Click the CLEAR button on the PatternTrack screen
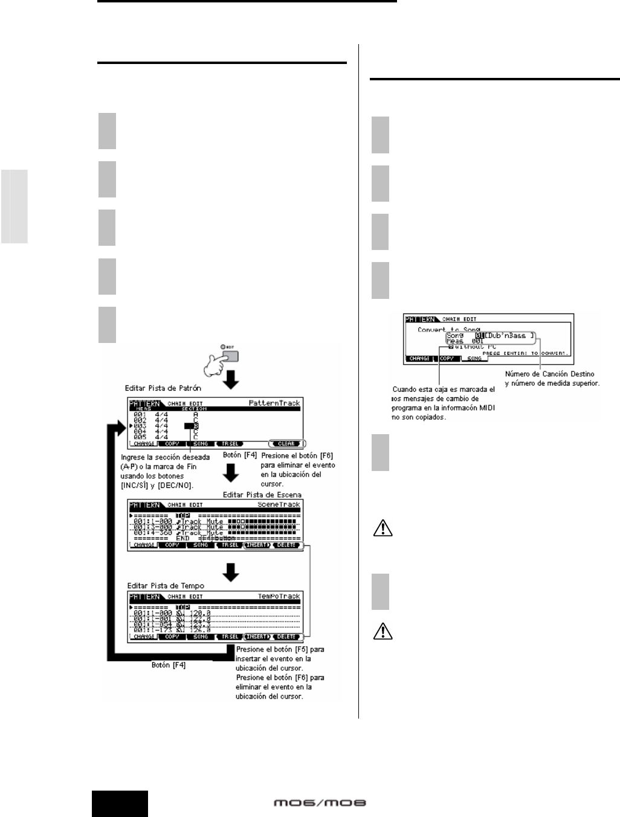286,444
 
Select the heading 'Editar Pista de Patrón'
163,388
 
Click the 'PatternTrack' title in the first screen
274,403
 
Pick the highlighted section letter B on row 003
195,426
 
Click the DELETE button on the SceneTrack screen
286,545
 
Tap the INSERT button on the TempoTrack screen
257,636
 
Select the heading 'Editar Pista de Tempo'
166,586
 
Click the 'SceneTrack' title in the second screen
279,504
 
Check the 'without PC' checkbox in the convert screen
451,347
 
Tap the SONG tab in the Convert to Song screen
474,359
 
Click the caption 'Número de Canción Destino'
549,374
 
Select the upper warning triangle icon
383,530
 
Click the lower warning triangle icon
383,632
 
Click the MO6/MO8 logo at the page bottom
320,803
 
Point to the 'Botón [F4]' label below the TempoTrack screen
169,665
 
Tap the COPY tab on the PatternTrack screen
172,444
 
